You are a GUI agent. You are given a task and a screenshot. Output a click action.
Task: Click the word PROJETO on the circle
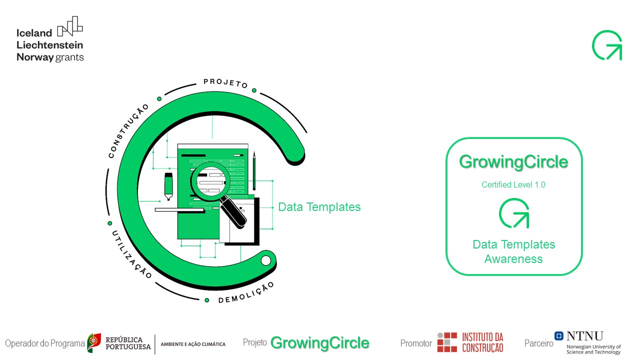pos(225,83)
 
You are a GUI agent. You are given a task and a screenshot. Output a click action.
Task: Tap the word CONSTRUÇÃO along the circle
pos(128,131)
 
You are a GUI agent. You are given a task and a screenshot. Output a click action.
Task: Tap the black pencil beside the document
pos(254,170)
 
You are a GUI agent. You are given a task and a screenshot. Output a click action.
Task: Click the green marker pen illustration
pos(168,186)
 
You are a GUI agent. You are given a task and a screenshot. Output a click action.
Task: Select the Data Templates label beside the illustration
pos(319,207)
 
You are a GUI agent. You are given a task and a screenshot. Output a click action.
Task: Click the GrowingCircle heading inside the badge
pos(513,162)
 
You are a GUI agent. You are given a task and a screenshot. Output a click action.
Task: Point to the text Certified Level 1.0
pos(513,184)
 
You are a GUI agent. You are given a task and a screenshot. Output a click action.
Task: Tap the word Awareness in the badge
pos(513,259)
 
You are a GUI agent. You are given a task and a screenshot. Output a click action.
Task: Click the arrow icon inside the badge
pos(514,213)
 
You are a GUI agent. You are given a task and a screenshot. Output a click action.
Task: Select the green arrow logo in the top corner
pos(607,45)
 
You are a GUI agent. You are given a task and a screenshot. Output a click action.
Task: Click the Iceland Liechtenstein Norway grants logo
pos(50,39)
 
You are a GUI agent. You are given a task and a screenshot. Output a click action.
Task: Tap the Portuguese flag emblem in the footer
pos(94,343)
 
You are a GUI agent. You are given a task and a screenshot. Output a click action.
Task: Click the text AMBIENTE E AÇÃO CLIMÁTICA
pos(193,344)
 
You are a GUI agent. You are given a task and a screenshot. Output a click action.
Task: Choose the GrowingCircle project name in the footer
pos(319,343)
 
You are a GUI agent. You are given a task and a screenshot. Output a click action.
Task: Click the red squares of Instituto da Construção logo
pos(447,342)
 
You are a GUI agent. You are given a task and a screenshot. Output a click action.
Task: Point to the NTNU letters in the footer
pos(584,336)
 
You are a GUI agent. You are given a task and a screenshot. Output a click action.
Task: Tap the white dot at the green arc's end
pos(265,260)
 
